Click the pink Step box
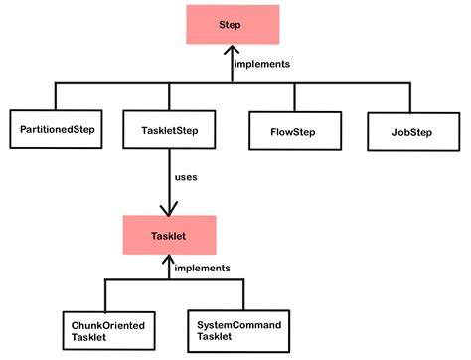tap(229, 25)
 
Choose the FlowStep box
tap(294, 128)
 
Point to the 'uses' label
tap(186, 177)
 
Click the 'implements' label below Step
tap(261, 64)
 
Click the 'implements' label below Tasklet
tap(202, 268)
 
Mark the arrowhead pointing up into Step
tap(229, 53)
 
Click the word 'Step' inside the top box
tap(229, 25)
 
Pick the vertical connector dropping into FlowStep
tap(294, 96)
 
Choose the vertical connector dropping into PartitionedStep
tap(55, 96)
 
